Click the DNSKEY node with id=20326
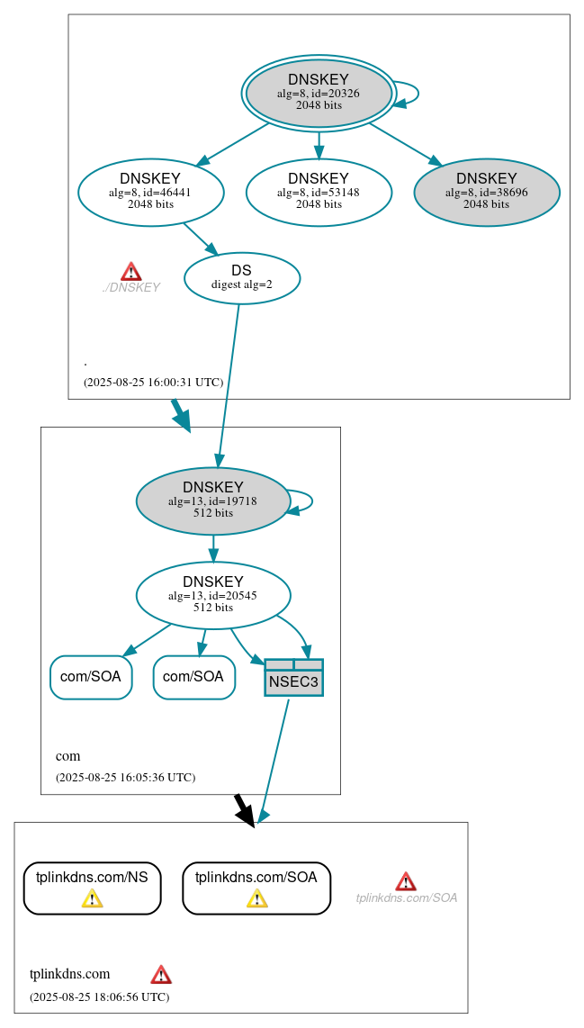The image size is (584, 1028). click(319, 93)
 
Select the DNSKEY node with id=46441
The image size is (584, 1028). click(150, 192)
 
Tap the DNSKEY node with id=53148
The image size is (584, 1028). click(319, 192)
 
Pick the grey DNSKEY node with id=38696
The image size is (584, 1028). click(486, 192)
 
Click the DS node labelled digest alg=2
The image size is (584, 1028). click(241, 277)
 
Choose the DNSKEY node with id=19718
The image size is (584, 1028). click(212, 500)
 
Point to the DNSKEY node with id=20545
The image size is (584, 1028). click(212, 595)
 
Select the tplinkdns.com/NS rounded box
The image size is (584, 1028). click(92, 888)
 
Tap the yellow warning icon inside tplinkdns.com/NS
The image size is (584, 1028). click(92, 898)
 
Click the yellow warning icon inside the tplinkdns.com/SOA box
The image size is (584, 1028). click(256, 898)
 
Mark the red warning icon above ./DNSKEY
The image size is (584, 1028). click(131, 271)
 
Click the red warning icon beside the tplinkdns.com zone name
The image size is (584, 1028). click(161, 974)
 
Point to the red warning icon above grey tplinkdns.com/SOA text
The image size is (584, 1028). click(406, 881)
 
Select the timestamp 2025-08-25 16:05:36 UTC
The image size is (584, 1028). click(125, 777)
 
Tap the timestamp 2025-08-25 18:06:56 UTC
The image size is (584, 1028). click(99, 996)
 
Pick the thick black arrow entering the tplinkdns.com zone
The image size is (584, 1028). click(244, 807)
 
